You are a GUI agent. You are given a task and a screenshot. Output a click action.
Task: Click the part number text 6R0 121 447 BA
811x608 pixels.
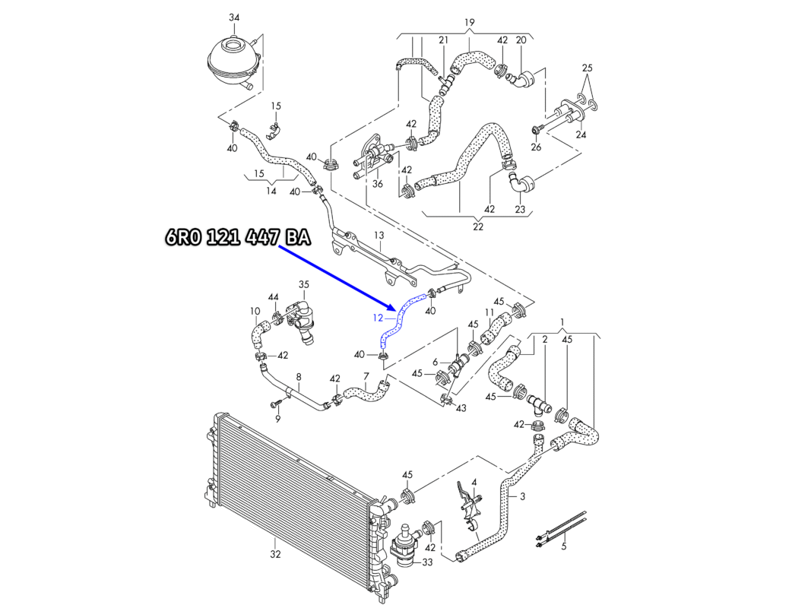(239, 237)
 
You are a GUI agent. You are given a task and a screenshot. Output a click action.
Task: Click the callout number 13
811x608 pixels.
(379, 236)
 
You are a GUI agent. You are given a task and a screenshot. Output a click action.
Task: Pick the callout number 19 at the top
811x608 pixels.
(469, 23)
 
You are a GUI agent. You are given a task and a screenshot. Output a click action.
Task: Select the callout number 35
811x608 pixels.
(303, 284)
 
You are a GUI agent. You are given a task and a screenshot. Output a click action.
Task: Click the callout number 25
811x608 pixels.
(587, 68)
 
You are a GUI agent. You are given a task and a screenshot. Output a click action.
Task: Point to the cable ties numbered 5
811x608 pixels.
(561, 528)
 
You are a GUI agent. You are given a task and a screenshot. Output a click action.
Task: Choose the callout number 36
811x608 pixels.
(378, 184)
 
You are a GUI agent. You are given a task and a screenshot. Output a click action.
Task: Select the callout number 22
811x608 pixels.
(478, 226)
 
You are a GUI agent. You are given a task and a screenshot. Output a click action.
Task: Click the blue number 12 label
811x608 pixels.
(378, 318)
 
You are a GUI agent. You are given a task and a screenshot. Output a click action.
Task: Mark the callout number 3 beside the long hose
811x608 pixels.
(522, 496)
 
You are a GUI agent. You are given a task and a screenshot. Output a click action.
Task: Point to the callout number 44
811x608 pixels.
(273, 297)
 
